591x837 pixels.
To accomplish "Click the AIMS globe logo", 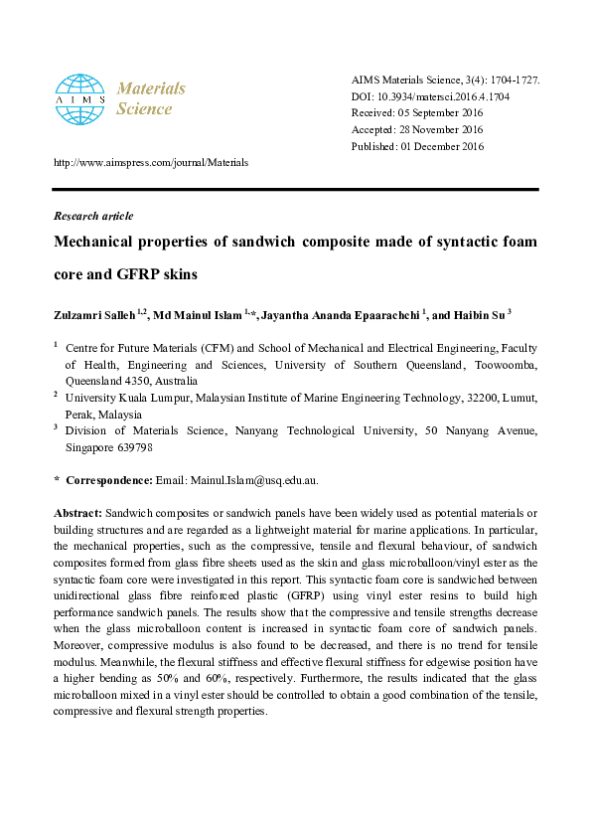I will (78, 97).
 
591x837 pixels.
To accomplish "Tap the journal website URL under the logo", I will (150, 162).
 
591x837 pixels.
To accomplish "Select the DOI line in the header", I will (431, 95).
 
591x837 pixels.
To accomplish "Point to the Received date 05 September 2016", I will (417, 112).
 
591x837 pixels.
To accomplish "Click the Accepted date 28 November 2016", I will (417, 129).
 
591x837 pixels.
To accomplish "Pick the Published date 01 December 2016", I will (417, 146).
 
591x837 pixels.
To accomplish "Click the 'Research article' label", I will (92, 216).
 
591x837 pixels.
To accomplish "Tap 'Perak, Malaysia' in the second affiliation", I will (103, 415).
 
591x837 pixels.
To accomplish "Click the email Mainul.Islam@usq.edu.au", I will (251, 480).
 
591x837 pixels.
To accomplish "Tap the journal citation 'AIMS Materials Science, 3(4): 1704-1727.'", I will (445, 79).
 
